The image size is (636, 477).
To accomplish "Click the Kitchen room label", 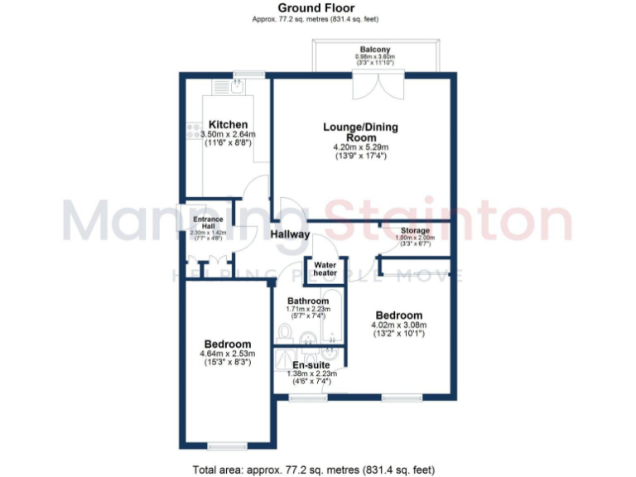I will tap(228, 124).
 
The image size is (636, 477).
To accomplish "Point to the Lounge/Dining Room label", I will tap(360, 132).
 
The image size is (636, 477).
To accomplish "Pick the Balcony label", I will tap(376, 49).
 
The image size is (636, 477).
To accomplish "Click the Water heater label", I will tap(325, 268).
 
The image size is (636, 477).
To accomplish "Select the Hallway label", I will tap(290, 234).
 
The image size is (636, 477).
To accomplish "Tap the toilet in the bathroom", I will tap(286, 334).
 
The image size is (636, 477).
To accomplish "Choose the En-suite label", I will tap(312, 364).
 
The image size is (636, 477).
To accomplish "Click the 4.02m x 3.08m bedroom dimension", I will tap(398, 326).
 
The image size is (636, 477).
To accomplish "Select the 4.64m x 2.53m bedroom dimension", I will tap(227, 354).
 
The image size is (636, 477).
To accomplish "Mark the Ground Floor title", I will tap(317, 8).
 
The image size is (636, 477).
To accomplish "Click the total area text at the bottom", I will tap(313, 470).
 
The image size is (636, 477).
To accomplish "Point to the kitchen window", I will tap(248, 76).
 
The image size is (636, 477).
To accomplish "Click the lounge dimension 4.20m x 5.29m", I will tap(360, 148).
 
